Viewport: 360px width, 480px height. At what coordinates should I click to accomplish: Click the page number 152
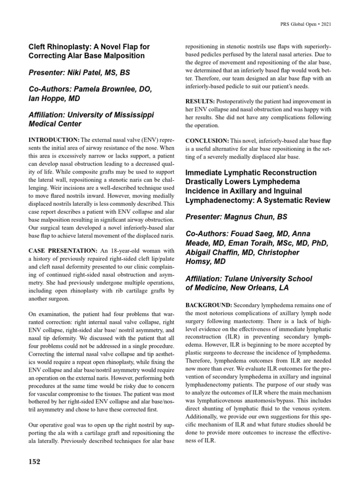35,462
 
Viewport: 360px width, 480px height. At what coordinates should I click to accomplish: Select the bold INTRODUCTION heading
54,140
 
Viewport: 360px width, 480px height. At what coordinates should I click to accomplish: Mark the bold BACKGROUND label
209,304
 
